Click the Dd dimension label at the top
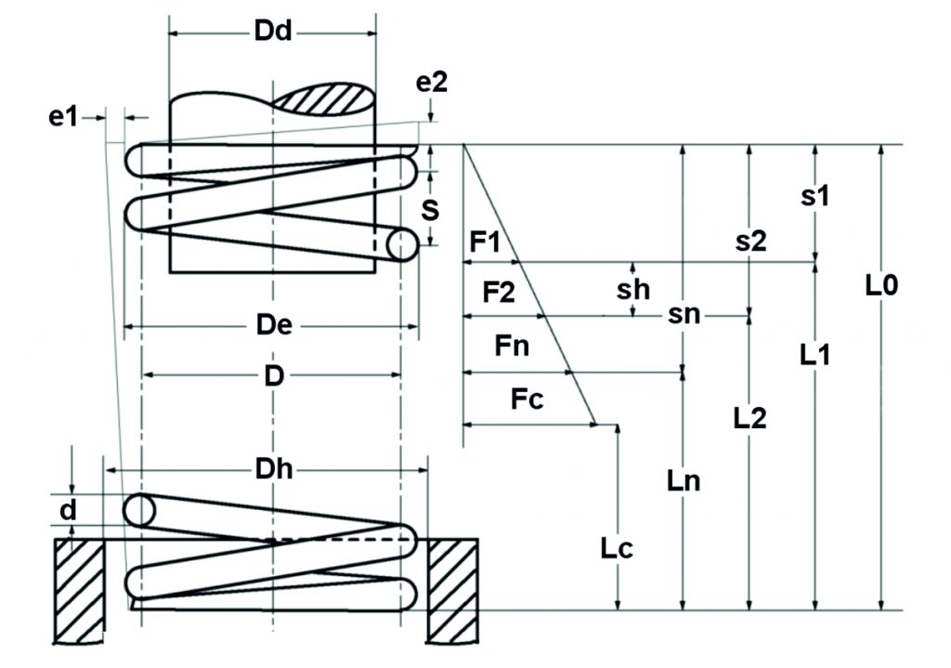pos(272,32)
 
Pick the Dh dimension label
pos(274,469)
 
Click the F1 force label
pos(485,243)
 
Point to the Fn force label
pos(512,347)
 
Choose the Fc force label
pos(527,400)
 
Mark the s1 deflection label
pos(814,196)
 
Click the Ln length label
pos(684,481)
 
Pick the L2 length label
pos(749,418)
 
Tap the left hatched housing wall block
pos(79,589)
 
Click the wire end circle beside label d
pos(140,510)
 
